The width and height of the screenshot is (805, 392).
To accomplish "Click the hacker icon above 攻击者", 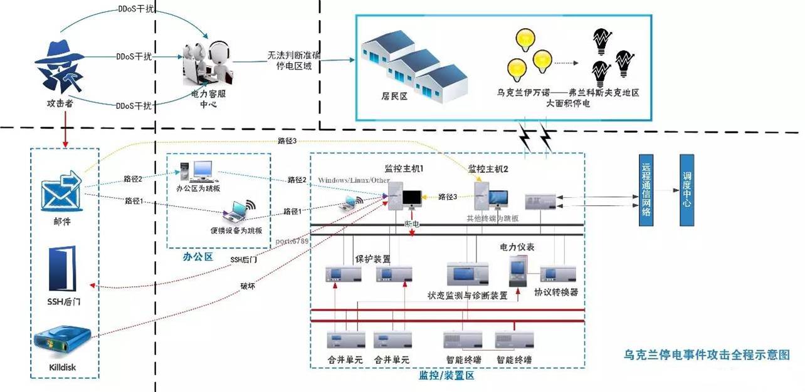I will (x=61, y=67).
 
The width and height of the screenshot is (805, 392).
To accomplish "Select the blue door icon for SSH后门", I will (x=63, y=269).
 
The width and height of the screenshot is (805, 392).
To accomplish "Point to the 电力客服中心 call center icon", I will (x=206, y=64).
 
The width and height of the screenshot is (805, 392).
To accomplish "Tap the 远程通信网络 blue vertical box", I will (x=647, y=189).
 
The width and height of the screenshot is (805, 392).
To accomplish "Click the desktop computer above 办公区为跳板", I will (x=203, y=170).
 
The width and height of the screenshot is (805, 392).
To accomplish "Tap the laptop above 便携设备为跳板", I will (x=236, y=213).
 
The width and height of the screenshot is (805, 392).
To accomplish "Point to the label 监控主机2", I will (x=488, y=168).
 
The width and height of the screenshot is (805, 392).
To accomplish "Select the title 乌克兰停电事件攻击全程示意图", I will (x=707, y=355).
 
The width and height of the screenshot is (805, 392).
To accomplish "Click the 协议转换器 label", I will (x=556, y=292).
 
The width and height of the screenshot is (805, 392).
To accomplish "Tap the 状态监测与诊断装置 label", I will (x=467, y=295).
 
